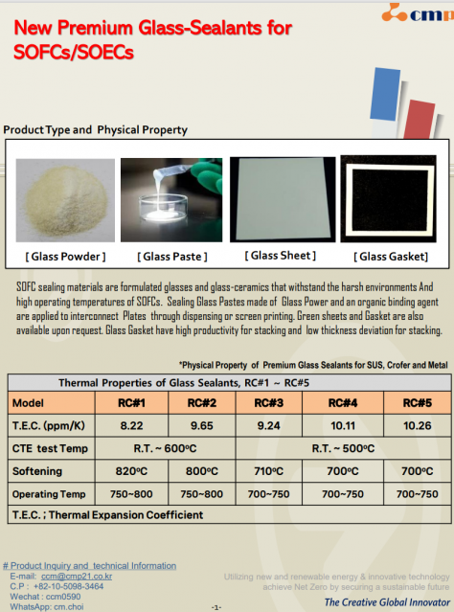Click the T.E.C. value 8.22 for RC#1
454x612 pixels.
(x=131, y=425)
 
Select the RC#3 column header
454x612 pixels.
(x=268, y=403)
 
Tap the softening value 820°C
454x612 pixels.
(x=131, y=471)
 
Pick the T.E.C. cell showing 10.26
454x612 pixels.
(x=417, y=425)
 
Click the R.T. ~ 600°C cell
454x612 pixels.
(x=165, y=448)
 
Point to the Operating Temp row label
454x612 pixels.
(x=49, y=494)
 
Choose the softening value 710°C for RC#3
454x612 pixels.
(x=268, y=471)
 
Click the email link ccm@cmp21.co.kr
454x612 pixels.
(x=77, y=577)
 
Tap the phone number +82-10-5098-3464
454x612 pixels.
(x=68, y=586)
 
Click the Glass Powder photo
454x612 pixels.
(x=65, y=200)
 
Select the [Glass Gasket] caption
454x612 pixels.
(x=391, y=257)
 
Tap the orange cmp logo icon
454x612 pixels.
(x=394, y=12)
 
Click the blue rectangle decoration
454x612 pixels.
(x=385, y=94)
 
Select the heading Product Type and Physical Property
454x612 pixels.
(x=95, y=130)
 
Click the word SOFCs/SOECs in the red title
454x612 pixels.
(x=74, y=53)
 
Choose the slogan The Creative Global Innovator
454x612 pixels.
(x=387, y=602)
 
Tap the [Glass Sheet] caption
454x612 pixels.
(x=281, y=256)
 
